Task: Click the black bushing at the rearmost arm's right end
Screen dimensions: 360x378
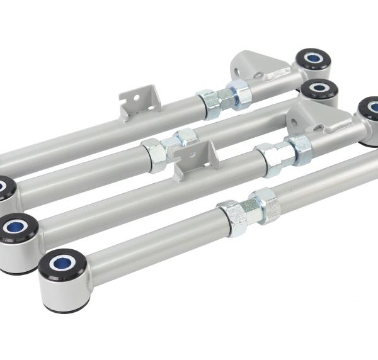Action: [313, 60]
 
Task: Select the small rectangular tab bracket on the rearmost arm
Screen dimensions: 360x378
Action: [139, 101]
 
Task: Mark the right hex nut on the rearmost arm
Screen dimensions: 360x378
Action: [239, 94]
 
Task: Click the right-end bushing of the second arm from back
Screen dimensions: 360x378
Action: [319, 91]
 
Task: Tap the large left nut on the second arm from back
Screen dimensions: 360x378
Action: [154, 154]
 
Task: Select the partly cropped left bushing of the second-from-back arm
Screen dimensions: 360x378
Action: [6, 187]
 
